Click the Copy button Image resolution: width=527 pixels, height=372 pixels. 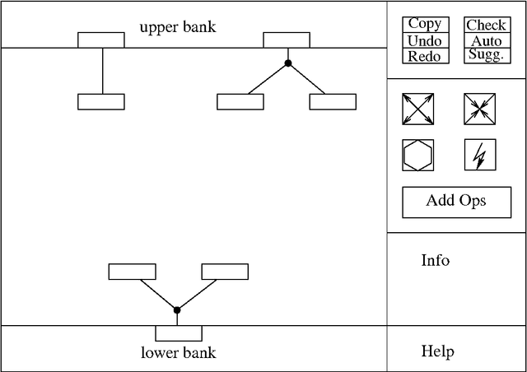425,25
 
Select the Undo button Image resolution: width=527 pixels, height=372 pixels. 425,41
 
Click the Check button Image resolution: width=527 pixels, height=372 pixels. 486,26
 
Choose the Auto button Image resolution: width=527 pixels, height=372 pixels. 486,41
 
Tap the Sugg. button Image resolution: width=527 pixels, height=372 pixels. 486,55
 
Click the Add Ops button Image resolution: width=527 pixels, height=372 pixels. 456,202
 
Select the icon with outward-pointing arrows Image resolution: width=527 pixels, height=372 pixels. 417,109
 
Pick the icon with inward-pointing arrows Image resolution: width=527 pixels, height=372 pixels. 479,109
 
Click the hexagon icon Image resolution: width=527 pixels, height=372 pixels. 417,155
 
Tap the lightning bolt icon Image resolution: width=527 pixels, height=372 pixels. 479,155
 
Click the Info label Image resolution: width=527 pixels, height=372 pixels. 436,261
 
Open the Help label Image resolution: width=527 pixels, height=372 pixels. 437,352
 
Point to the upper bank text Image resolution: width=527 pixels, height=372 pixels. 177,27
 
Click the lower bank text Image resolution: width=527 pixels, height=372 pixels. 178,353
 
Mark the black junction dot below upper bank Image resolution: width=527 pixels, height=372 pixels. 287,63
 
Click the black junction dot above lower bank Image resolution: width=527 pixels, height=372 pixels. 177,309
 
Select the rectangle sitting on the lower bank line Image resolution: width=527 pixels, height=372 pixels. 179,332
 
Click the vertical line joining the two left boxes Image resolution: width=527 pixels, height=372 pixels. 102,72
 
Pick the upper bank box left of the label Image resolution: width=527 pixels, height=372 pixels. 101,40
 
